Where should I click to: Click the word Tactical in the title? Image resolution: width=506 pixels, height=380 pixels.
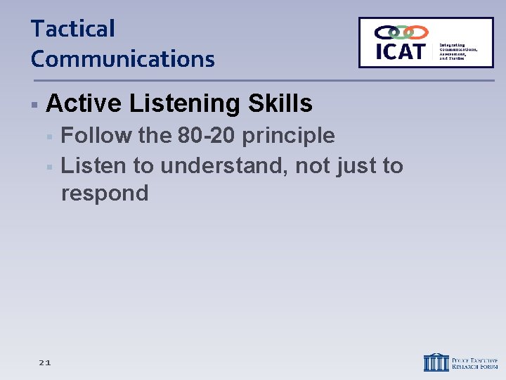(72, 30)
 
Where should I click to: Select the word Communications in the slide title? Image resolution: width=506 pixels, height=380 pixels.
(122, 59)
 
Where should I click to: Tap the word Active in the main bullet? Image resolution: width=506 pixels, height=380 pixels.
(84, 104)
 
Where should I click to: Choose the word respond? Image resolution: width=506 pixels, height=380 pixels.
(105, 194)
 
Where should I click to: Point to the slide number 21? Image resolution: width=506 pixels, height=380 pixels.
(44, 362)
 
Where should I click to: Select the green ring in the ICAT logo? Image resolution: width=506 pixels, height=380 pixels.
(401, 32)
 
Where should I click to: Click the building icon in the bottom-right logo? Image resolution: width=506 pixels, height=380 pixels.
(436, 362)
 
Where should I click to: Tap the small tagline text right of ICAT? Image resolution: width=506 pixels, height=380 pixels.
(458, 51)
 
